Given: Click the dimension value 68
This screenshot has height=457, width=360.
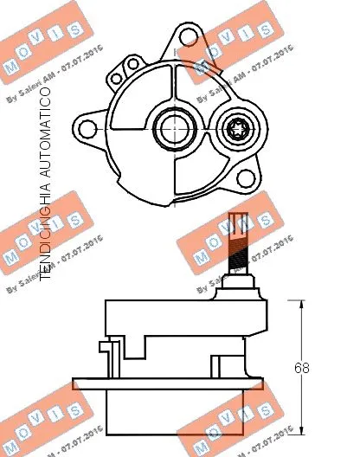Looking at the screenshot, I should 301,368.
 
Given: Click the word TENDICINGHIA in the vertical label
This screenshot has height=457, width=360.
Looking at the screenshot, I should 43,233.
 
